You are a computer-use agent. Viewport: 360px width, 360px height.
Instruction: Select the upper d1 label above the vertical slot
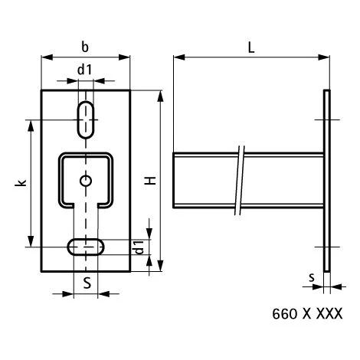click(85, 69)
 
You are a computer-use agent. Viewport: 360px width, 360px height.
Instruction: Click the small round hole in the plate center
click(87, 181)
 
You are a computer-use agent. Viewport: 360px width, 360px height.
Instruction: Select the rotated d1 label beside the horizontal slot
click(138, 247)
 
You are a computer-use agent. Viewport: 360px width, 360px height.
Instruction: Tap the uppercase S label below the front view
click(87, 282)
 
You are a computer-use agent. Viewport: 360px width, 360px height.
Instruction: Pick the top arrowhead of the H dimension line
click(161, 95)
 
